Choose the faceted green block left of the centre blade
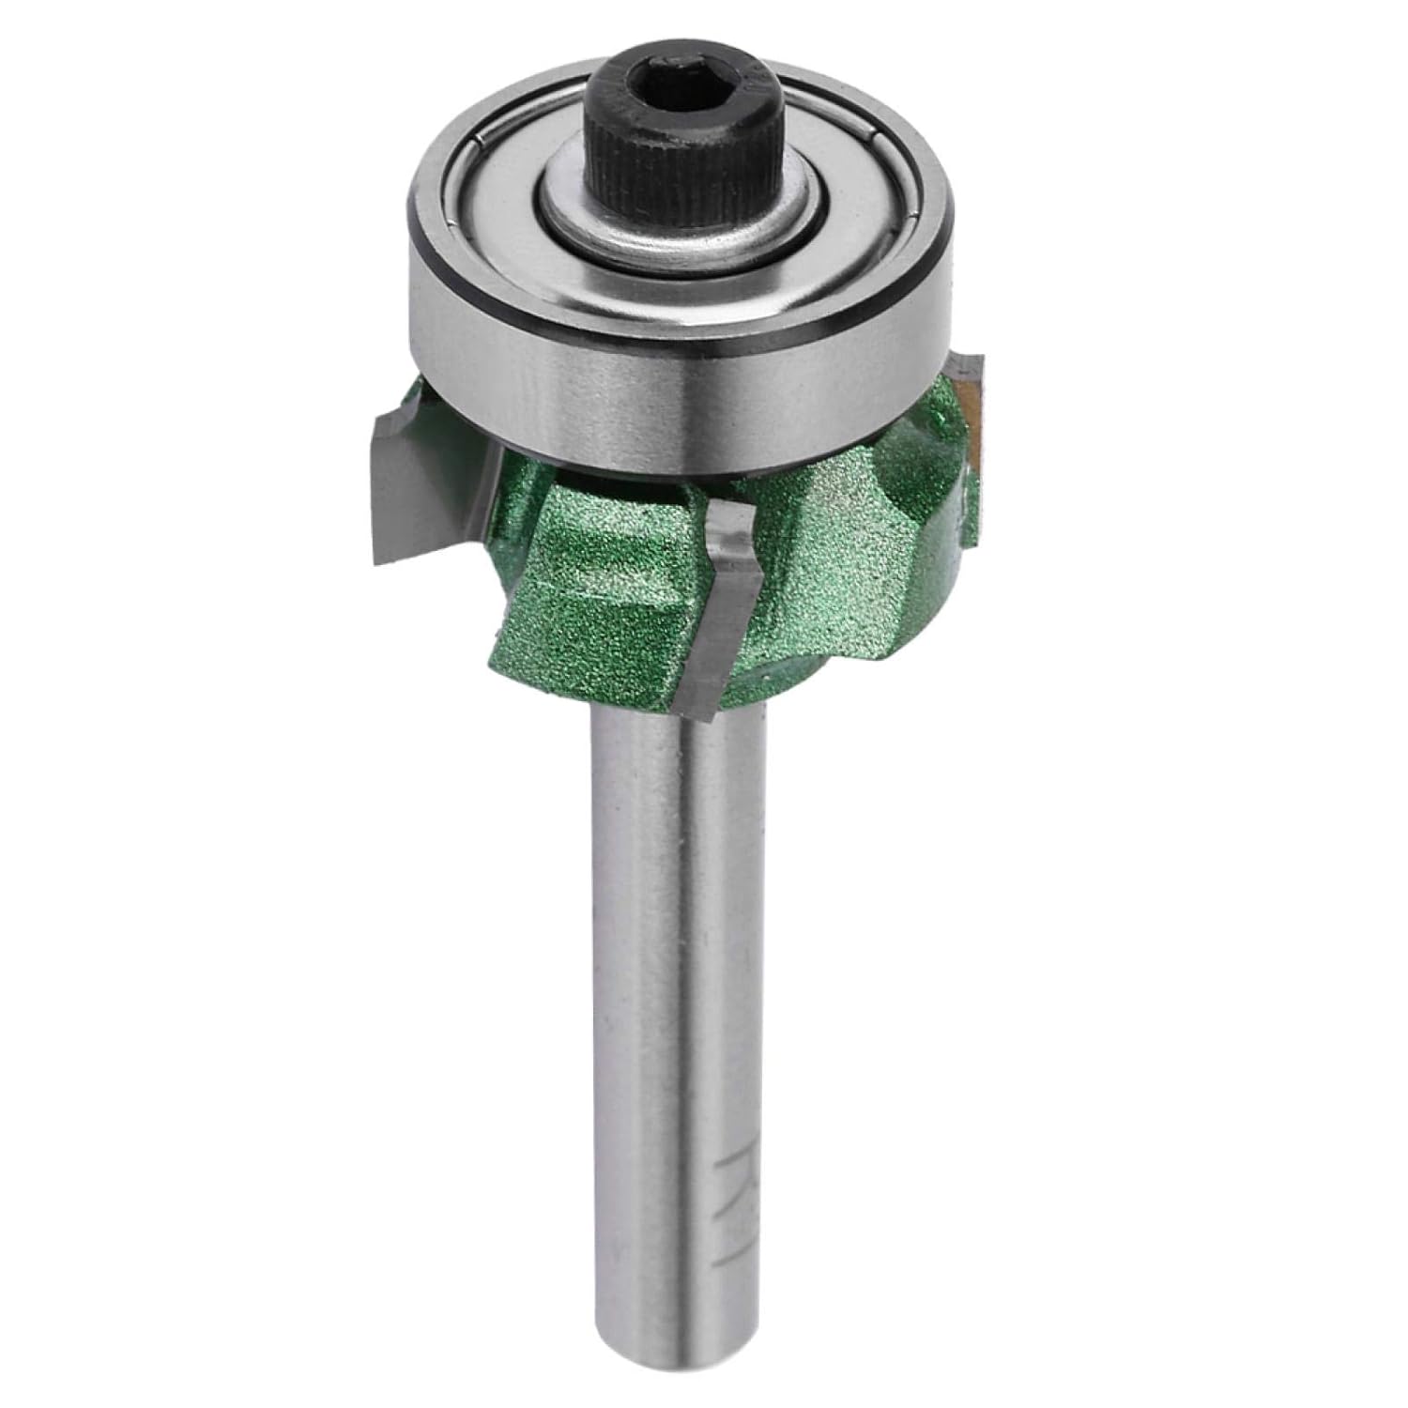601,582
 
